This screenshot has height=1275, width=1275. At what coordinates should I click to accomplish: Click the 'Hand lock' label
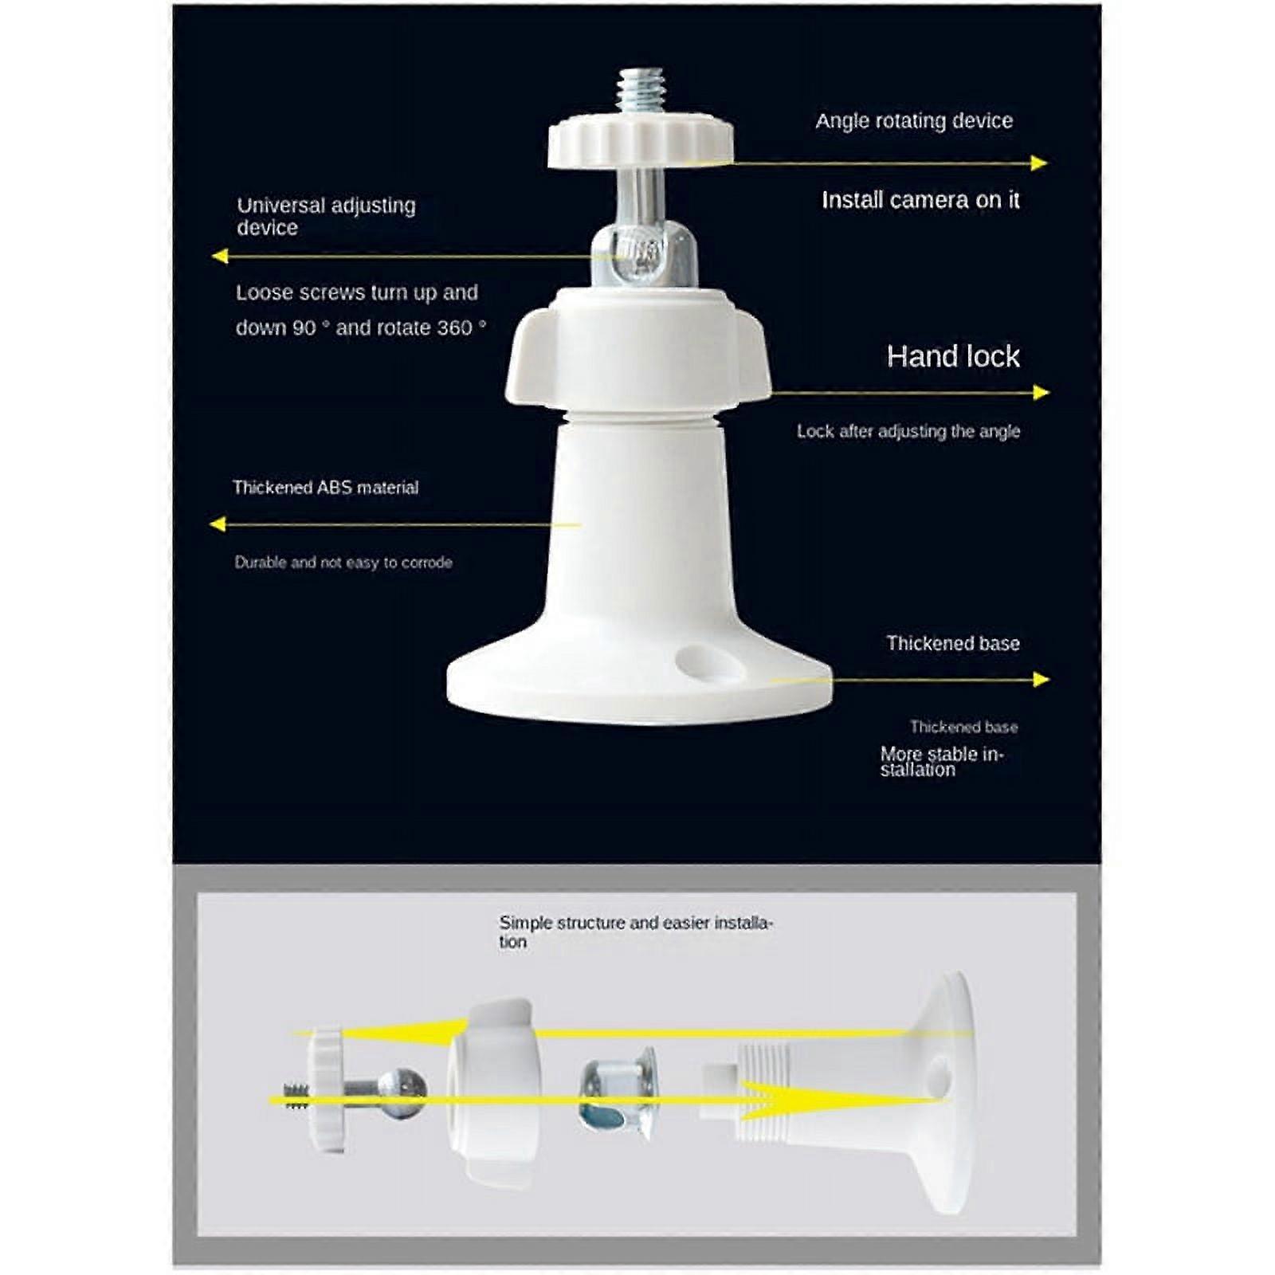click(952, 356)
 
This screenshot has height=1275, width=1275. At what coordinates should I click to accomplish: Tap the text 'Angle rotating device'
click(913, 121)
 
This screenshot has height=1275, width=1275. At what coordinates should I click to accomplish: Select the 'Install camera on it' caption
click(920, 200)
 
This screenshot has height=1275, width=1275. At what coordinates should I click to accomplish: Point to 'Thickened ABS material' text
click(325, 488)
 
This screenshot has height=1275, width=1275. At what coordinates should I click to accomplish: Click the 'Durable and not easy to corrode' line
click(343, 563)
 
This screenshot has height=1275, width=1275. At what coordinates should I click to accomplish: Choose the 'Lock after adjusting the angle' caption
click(908, 431)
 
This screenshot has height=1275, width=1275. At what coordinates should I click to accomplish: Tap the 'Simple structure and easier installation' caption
click(635, 931)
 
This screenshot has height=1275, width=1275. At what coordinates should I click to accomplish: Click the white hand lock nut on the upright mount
click(638, 351)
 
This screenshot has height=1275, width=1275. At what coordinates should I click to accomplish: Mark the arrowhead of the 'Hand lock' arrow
click(1040, 392)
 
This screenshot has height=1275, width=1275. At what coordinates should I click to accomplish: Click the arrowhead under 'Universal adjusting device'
click(221, 256)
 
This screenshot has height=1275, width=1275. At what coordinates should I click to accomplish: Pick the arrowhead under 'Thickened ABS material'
click(218, 524)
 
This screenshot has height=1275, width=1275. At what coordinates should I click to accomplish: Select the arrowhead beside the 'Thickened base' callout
click(1040, 679)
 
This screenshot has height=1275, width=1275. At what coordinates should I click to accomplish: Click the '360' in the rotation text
click(454, 328)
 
